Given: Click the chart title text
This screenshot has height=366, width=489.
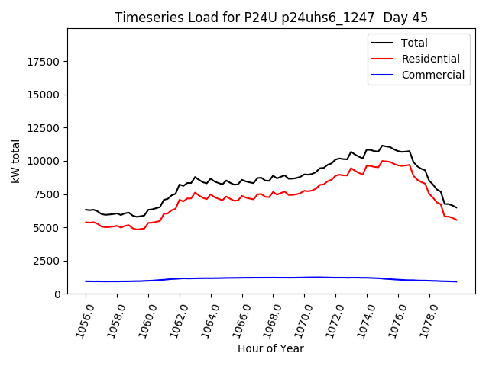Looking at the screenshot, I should (x=270, y=18).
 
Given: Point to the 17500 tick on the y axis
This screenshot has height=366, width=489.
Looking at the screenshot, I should (x=45, y=62).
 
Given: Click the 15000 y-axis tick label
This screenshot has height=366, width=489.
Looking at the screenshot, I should (x=45, y=95).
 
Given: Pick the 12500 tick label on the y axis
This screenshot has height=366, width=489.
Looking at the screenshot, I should (x=45, y=128).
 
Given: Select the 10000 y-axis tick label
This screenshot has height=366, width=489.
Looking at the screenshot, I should (x=45, y=161).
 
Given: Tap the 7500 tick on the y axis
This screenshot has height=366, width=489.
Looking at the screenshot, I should (x=48, y=194).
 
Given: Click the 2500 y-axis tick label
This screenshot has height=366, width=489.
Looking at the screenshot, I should (x=48, y=261).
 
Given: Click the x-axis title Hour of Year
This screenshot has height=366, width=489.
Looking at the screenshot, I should (x=270, y=348).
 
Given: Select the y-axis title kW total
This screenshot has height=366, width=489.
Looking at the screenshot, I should (x=15, y=161).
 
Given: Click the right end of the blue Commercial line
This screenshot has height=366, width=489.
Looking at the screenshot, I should (x=456, y=281).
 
